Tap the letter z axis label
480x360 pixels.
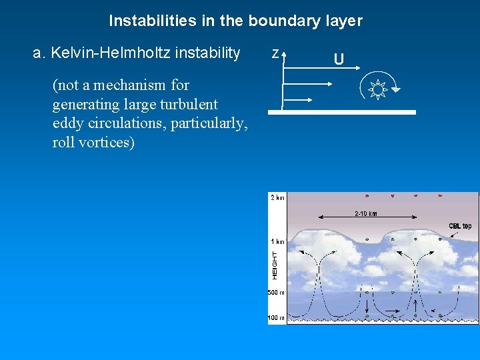coord(275,53)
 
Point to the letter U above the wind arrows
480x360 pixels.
coord(339,60)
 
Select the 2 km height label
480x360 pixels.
coord(277,197)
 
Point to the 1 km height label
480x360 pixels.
coord(277,241)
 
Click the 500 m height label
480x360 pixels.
coord(276,293)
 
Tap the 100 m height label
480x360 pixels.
coord(276,318)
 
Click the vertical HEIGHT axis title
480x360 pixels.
coord(274,265)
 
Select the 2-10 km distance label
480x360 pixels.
coord(365,214)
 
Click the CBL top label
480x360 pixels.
coord(459,226)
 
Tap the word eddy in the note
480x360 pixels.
coord(67,123)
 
